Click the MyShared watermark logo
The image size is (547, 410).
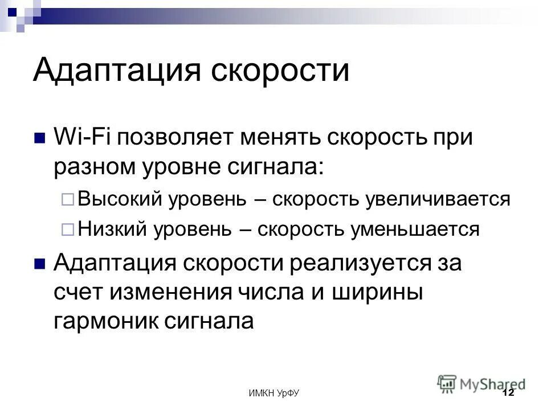point(481,383)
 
